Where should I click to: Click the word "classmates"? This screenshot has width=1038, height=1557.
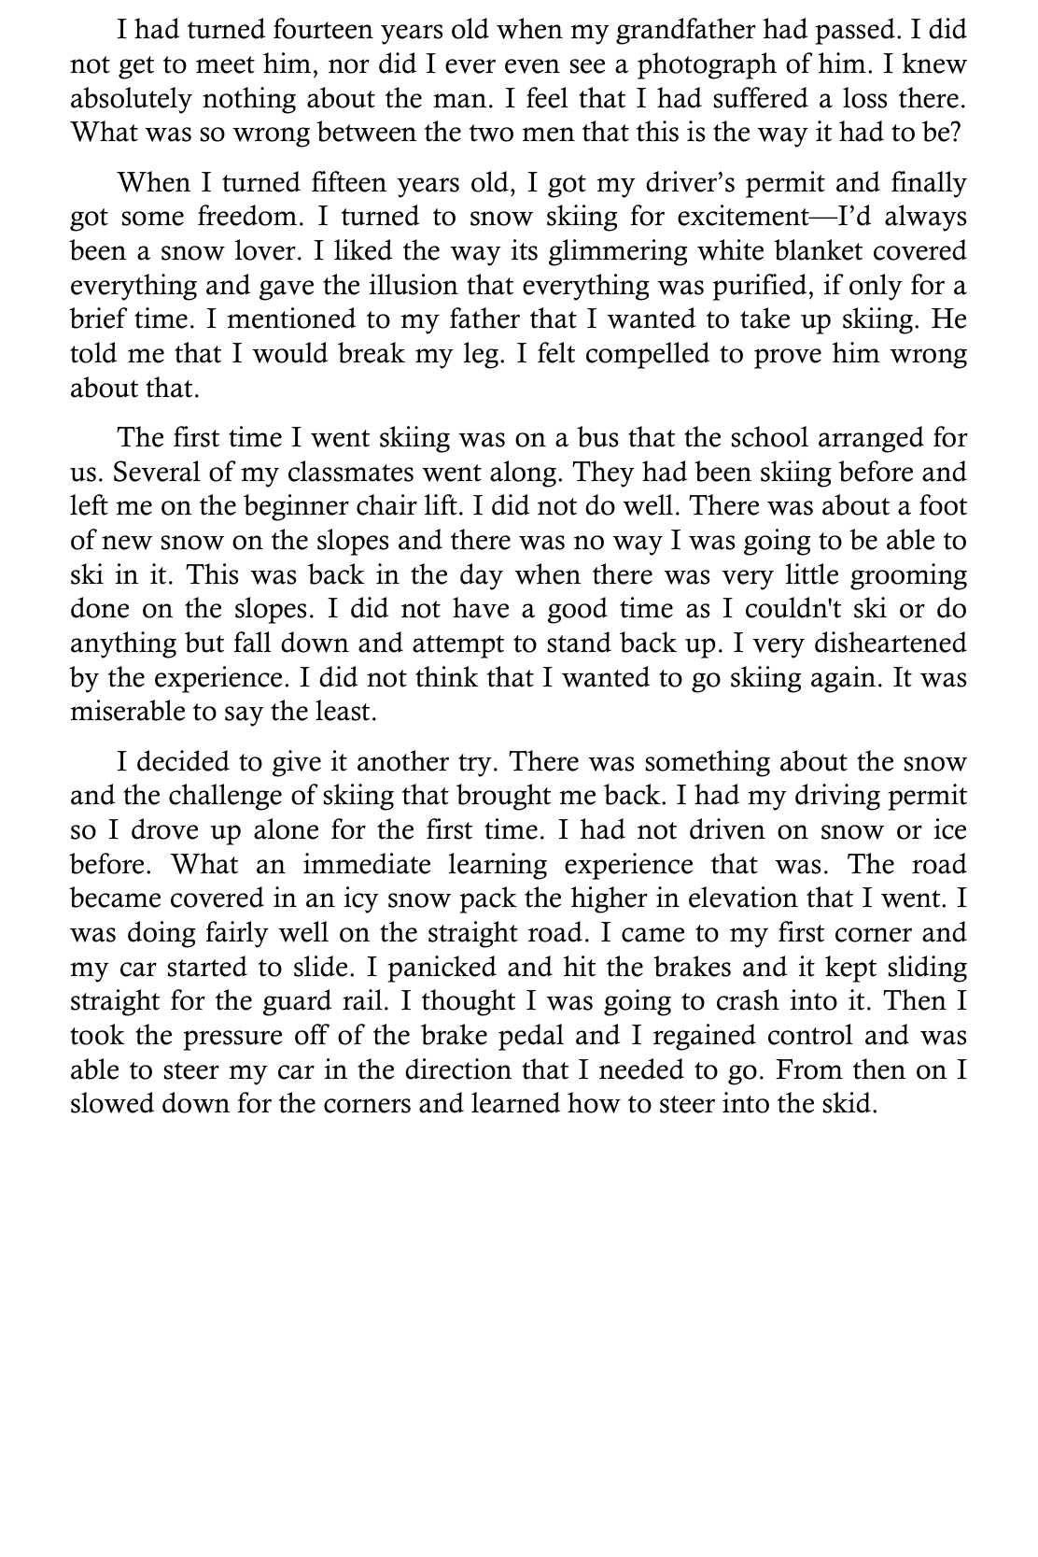[x=408, y=473]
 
